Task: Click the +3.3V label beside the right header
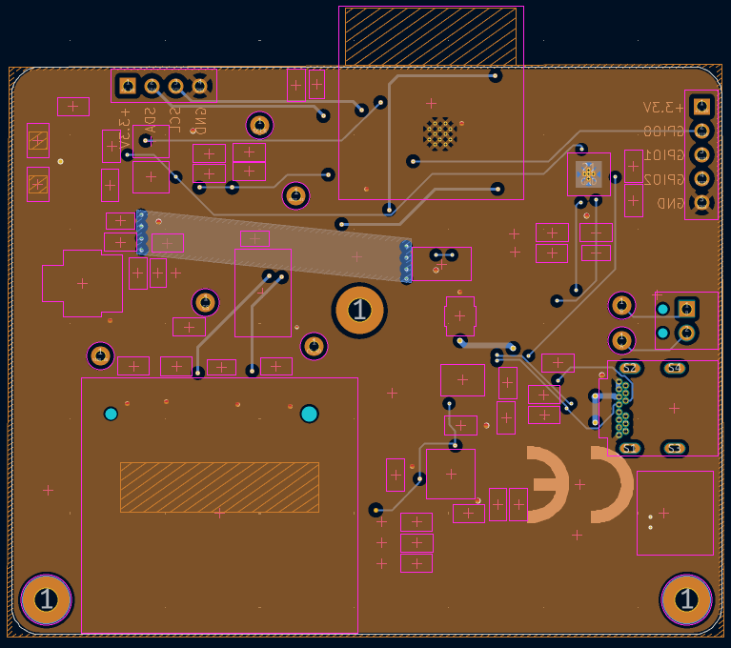click(x=663, y=107)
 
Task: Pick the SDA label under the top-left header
click(x=150, y=122)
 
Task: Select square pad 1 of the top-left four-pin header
click(x=127, y=87)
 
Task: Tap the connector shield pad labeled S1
click(x=628, y=448)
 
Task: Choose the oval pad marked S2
click(x=628, y=368)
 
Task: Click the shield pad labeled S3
click(x=674, y=448)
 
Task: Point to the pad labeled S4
click(x=674, y=368)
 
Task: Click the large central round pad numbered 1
click(x=359, y=311)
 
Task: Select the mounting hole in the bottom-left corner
click(x=46, y=600)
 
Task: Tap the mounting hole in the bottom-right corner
click(x=686, y=600)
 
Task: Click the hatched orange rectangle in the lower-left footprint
click(x=219, y=487)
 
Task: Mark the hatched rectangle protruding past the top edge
click(x=430, y=36)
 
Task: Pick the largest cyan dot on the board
click(x=309, y=414)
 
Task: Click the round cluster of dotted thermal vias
click(x=439, y=133)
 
